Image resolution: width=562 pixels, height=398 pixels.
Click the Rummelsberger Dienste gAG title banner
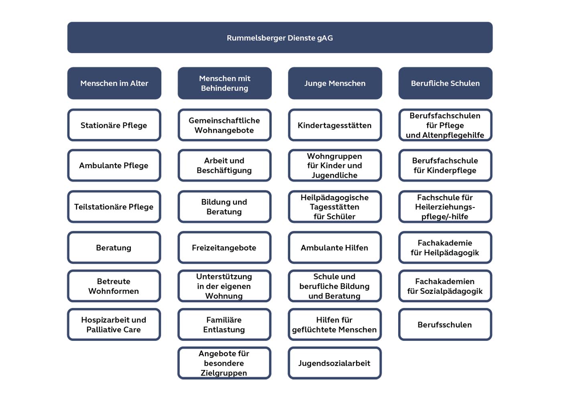[x=280, y=37]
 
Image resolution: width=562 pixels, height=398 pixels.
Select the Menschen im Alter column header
[x=114, y=83]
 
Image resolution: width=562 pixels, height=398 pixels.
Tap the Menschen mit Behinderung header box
[x=224, y=83]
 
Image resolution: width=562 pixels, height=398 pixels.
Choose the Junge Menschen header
[x=335, y=83]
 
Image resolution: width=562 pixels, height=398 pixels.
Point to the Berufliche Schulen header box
[x=445, y=83]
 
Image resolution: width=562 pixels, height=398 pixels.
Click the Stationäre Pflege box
[x=114, y=125]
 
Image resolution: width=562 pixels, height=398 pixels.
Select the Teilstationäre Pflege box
[x=114, y=207]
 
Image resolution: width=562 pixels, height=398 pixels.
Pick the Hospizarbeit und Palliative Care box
[x=114, y=324]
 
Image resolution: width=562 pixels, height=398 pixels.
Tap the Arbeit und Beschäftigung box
[x=224, y=165]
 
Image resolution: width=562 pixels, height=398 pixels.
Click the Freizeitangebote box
[x=224, y=248]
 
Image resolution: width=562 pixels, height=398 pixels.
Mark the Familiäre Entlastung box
[x=224, y=324]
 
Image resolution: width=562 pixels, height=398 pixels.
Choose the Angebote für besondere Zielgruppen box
[x=224, y=363]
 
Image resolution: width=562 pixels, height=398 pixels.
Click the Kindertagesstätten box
[x=335, y=125]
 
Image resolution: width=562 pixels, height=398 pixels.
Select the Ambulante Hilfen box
[x=335, y=248]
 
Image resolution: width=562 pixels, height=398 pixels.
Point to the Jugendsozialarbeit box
[x=335, y=363]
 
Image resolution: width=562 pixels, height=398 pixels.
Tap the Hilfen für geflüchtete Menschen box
[x=335, y=324]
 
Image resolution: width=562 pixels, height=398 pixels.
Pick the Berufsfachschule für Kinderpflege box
[x=445, y=165]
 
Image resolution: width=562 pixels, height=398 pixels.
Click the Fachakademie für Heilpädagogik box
[x=445, y=248]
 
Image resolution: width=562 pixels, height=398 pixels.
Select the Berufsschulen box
[x=445, y=324]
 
